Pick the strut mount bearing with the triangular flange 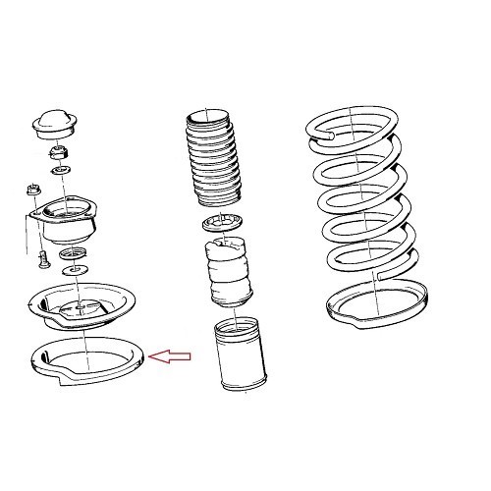[x=66, y=225]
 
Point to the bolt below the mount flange [x=42, y=259]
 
